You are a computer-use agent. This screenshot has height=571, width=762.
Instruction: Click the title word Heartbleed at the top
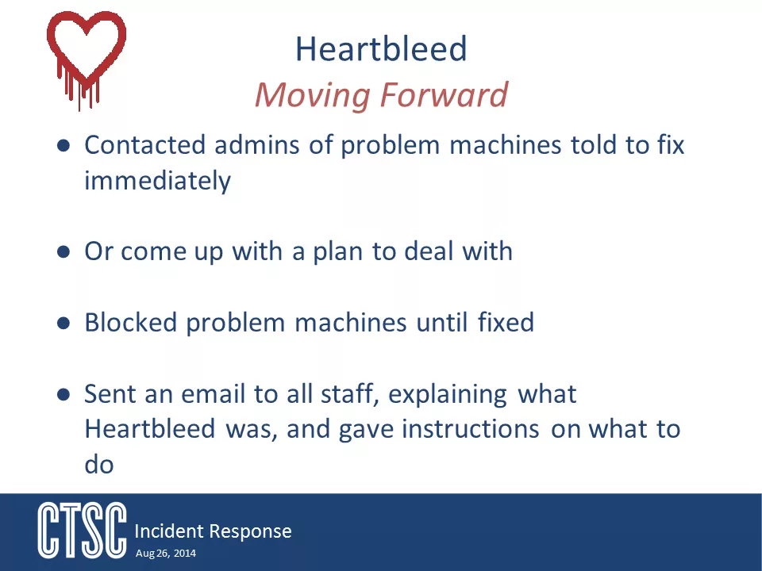(x=381, y=48)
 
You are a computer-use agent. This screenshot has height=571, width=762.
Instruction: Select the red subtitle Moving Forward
(x=382, y=94)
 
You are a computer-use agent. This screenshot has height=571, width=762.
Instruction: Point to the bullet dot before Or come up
(x=63, y=251)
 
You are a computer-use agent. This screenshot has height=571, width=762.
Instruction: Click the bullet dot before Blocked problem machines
(x=63, y=323)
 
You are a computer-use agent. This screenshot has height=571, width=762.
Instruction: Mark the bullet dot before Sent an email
(x=63, y=394)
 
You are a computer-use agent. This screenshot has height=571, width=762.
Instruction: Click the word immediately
(x=157, y=182)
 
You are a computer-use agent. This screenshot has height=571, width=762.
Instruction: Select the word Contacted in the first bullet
(x=144, y=144)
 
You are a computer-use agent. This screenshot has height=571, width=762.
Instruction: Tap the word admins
(x=256, y=144)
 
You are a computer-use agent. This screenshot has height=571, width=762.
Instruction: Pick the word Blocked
(x=131, y=323)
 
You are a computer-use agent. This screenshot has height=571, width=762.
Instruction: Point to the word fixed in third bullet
(x=506, y=323)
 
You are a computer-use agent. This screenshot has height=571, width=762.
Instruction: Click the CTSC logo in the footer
(x=82, y=531)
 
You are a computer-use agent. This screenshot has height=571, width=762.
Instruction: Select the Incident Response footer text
(x=213, y=531)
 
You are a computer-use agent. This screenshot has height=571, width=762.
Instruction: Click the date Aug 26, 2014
(x=166, y=553)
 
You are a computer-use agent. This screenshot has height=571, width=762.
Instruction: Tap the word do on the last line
(x=99, y=465)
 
